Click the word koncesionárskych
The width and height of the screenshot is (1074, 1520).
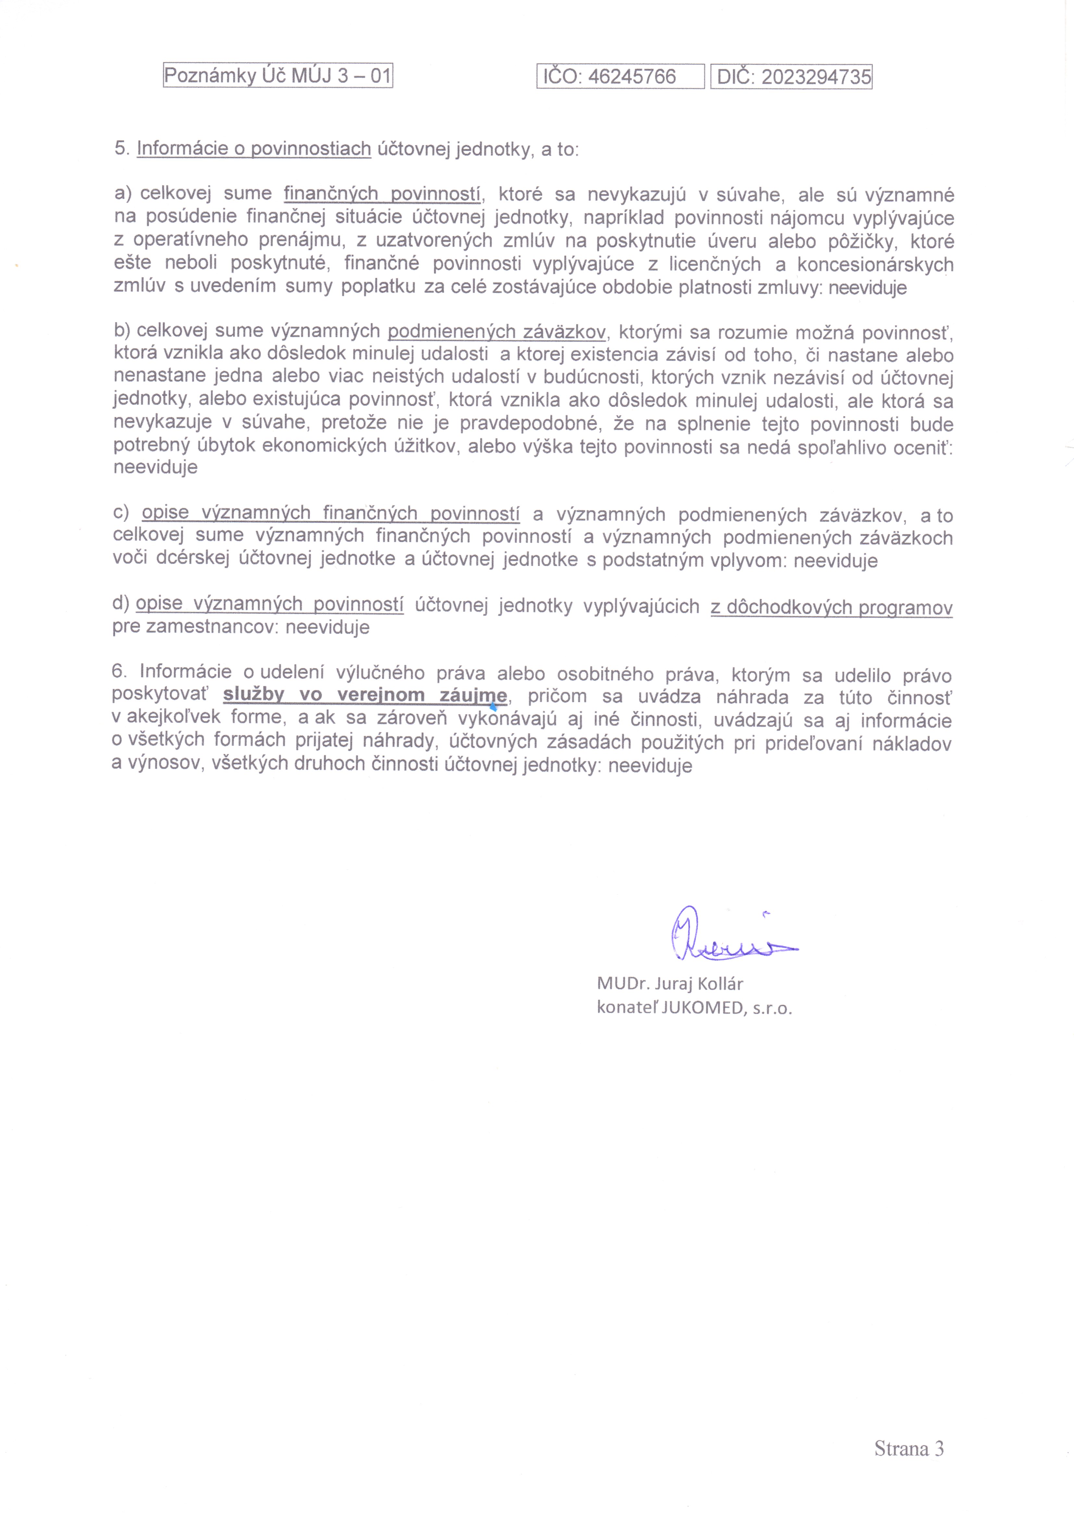[x=875, y=265]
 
